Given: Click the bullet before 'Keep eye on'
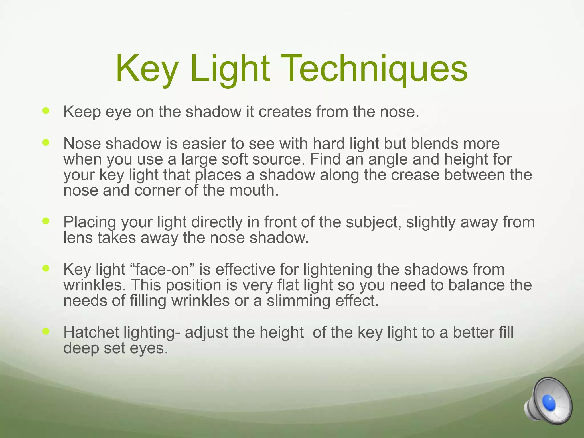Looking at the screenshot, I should tap(46, 111).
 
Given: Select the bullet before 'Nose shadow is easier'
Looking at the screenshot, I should tap(46, 142).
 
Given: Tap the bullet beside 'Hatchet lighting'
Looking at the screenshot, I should tap(46, 331).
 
